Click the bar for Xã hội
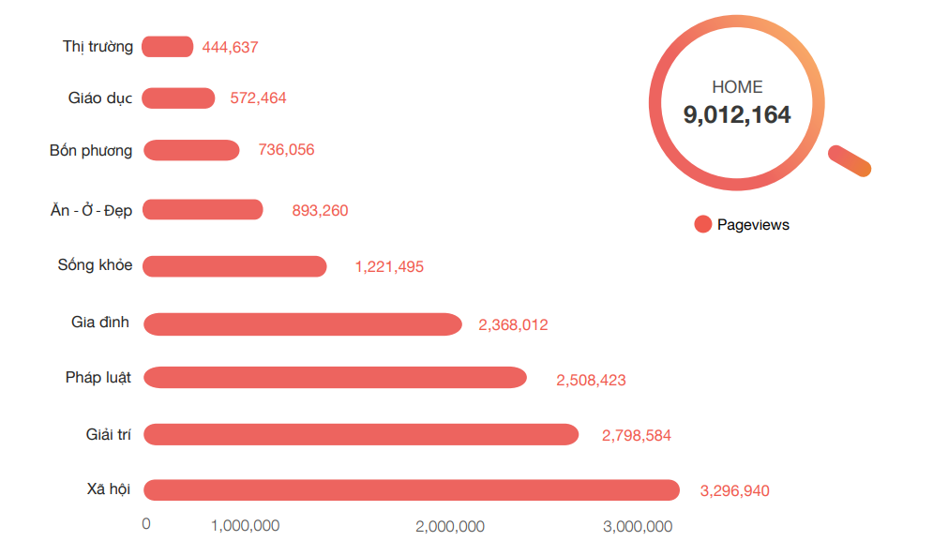click(411, 490)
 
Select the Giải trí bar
click(361, 434)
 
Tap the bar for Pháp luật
click(335, 378)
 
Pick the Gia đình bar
click(302, 324)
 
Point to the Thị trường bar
click(168, 47)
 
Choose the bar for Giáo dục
click(178, 98)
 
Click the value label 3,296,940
click(734, 490)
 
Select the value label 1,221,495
click(389, 267)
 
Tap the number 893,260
click(320, 211)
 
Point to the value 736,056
click(286, 150)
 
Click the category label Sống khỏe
click(95, 265)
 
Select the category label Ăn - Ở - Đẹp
click(91, 210)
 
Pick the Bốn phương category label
click(91, 150)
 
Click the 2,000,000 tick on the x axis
click(450, 526)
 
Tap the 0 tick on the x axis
click(145, 524)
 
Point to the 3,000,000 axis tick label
click(638, 526)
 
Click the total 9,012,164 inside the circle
click(737, 115)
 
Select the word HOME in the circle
click(737, 87)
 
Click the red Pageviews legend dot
click(703, 224)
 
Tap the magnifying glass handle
click(851, 160)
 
